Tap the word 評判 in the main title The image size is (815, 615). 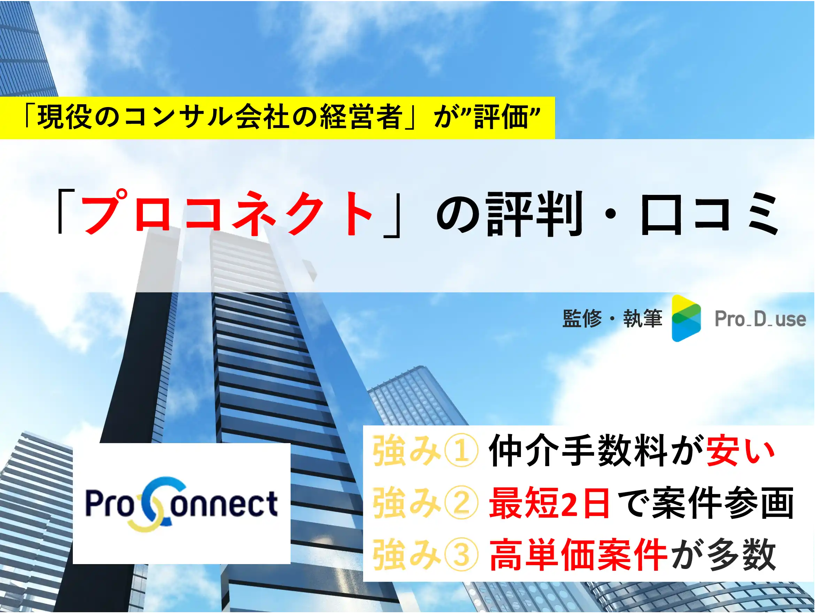(x=535, y=213)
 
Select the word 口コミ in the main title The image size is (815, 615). (x=709, y=213)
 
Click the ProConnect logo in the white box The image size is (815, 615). (x=181, y=504)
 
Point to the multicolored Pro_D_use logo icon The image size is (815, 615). (x=686, y=318)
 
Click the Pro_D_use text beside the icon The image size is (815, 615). (x=760, y=319)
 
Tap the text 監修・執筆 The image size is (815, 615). (x=612, y=319)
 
